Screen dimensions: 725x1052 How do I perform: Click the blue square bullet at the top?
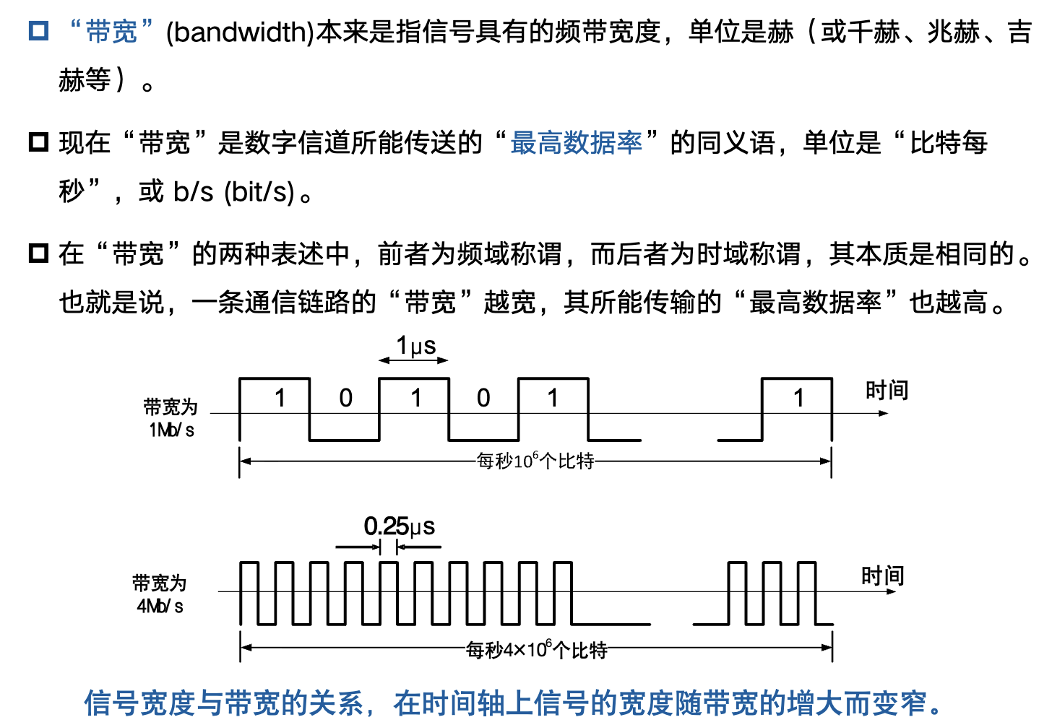(x=38, y=31)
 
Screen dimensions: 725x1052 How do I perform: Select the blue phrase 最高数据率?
(x=576, y=143)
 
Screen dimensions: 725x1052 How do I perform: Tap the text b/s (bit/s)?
(x=234, y=192)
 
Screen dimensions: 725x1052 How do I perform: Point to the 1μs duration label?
(x=415, y=346)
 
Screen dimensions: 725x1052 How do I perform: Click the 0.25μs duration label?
(x=399, y=526)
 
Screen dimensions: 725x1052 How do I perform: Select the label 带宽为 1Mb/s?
(x=171, y=418)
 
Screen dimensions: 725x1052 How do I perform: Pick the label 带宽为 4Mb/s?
(x=160, y=594)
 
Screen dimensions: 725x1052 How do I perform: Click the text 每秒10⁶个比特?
(x=535, y=461)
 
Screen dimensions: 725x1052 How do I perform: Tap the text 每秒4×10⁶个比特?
(x=536, y=650)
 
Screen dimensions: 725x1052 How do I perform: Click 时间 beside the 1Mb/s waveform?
(x=887, y=391)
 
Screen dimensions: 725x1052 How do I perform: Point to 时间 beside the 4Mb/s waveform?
(x=882, y=576)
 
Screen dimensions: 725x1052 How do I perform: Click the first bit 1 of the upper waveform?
(x=280, y=398)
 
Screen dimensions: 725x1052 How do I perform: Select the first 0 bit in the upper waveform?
(x=346, y=398)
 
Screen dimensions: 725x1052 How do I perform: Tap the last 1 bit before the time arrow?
(x=798, y=398)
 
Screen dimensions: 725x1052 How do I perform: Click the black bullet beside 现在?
(x=38, y=142)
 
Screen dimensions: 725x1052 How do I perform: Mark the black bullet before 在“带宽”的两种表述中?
(x=38, y=253)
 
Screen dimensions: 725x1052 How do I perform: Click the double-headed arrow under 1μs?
(x=414, y=360)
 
